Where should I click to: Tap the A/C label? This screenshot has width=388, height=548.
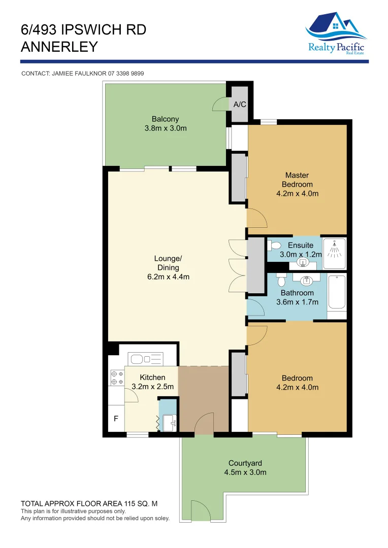pos(240,105)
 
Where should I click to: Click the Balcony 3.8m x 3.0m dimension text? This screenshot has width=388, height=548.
pos(166,128)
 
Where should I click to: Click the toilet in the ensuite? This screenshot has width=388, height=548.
pos(275,246)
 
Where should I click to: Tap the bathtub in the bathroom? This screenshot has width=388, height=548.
pos(337,292)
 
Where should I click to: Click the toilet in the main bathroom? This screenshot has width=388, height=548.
pos(281,279)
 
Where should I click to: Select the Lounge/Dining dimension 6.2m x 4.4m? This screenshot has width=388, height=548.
pos(168,277)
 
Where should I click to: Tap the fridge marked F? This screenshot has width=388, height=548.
pos(116,419)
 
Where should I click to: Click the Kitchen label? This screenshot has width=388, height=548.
pos(152,377)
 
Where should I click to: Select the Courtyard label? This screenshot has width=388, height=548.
pos(245,463)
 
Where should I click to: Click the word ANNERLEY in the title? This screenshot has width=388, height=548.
pos(59,47)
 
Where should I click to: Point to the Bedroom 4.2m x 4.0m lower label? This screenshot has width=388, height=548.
pos(297,383)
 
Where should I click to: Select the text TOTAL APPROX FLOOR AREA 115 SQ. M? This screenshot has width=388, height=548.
pos(89,504)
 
